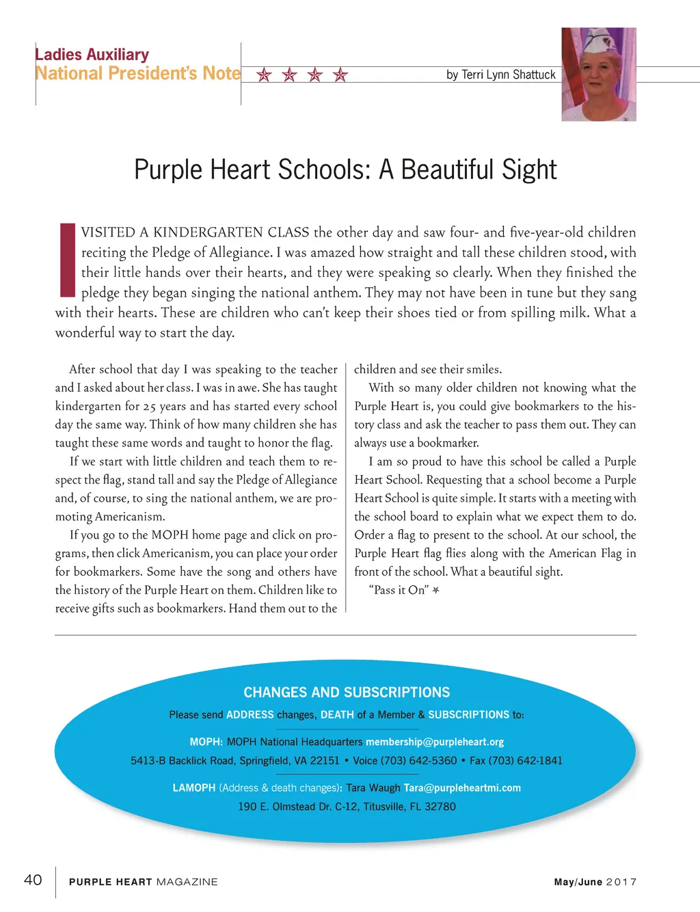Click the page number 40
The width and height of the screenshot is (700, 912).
(x=33, y=880)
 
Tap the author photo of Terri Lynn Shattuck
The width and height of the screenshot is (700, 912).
(x=599, y=75)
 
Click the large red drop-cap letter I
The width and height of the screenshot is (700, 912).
(x=67, y=260)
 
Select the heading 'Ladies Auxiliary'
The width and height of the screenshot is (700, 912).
(x=92, y=55)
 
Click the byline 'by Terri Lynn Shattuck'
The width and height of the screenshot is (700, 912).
(x=500, y=75)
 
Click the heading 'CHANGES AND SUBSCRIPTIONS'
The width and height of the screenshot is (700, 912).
(x=347, y=693)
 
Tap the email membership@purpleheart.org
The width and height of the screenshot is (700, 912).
(x=435, y=742)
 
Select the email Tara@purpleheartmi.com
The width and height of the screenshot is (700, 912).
(x=462, y=788)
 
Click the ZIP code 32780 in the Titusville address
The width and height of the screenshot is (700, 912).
(x=440, y=807)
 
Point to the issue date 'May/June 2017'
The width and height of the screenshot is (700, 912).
(x=595, y=882)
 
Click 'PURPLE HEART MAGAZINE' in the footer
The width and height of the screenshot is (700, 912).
(x=144, y=882)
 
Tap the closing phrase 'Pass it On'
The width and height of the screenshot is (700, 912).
(x=399, y=590)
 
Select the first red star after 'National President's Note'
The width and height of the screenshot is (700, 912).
(x=264, y=75)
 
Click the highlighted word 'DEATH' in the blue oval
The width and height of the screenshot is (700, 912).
(x=337, y=714)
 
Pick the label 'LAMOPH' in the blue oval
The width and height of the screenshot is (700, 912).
(x=194, y=788)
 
